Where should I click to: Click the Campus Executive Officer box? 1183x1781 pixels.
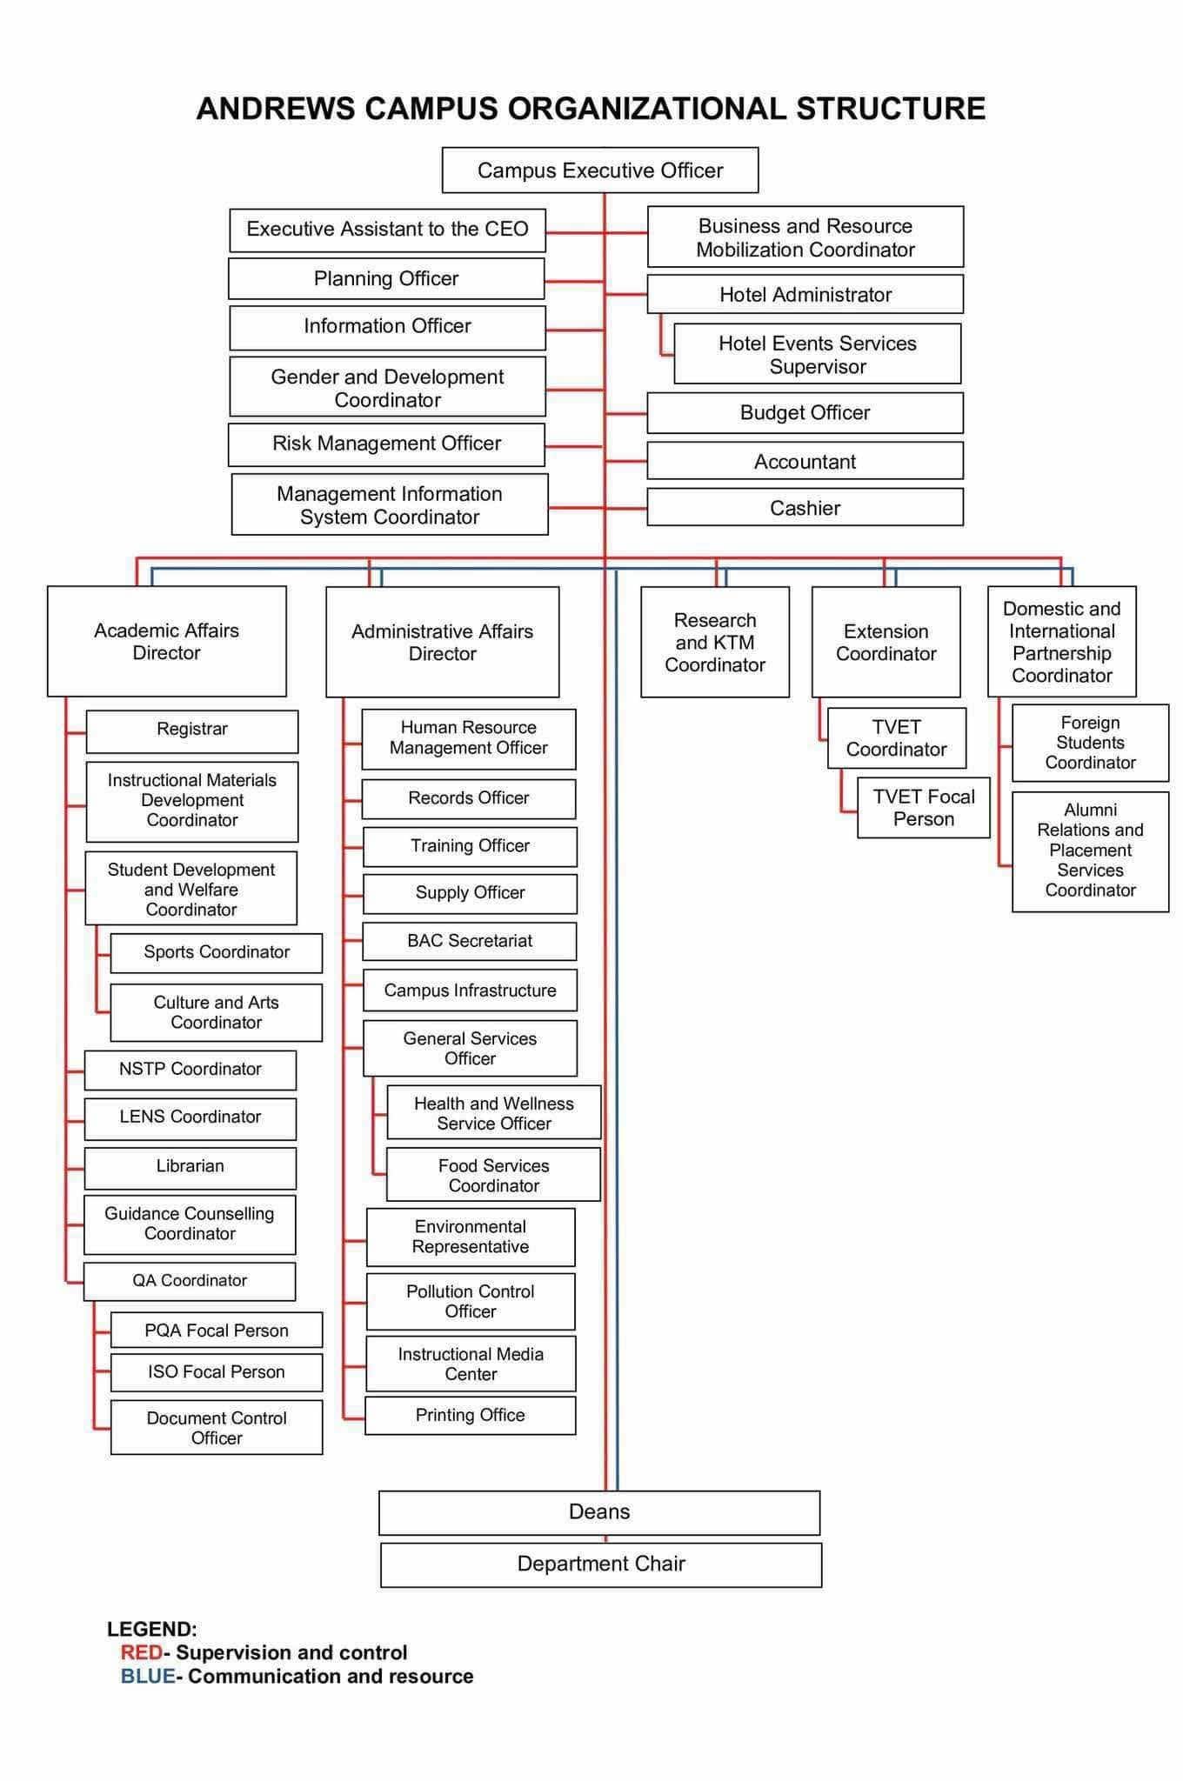[600, 170]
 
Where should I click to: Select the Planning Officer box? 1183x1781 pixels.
[386, 278]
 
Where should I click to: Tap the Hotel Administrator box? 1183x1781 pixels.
[805, 294]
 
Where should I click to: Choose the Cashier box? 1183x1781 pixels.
[805, 507]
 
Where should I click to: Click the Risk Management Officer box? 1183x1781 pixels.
[386, 444]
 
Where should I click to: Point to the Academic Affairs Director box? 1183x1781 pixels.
[167, 641]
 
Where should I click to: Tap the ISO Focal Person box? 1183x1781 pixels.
[217, 1372]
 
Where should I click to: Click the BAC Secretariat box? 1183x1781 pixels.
[470, 941]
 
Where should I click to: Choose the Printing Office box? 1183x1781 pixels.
[471, 1416]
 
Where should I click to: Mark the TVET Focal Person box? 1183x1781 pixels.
[924, 808]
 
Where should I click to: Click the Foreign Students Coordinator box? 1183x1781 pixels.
[1091, 743]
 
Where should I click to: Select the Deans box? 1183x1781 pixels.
[599, 1512]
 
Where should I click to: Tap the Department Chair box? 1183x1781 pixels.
[601, 1564]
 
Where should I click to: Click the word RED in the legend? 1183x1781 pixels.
[142, 1652]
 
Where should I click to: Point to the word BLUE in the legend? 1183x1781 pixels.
[148, 1676]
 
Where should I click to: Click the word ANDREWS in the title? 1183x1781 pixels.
[276, 109]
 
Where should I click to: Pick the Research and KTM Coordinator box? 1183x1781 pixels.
[715, 642]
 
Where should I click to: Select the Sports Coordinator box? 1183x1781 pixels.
[217, 953]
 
